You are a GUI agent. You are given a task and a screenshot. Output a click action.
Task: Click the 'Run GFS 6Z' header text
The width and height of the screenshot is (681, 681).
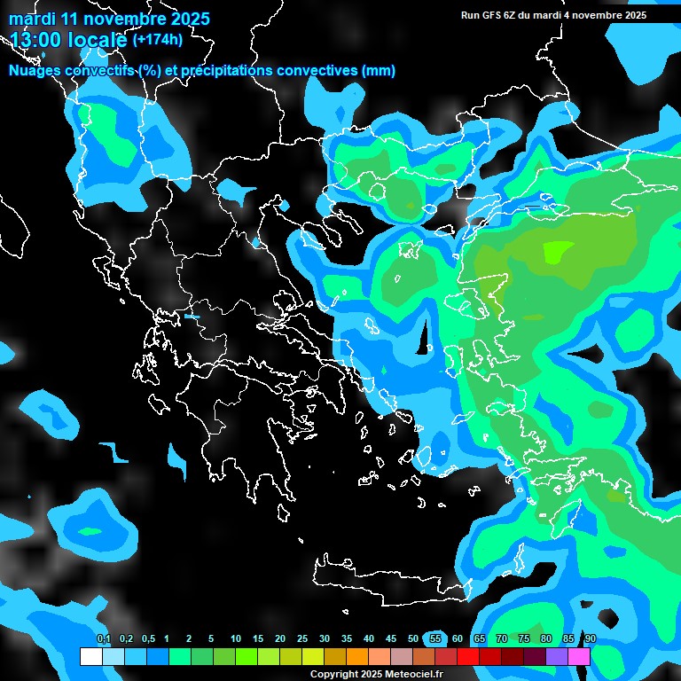coord(497,15)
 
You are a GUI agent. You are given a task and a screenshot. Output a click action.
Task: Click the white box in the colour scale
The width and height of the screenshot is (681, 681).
coord(90,657)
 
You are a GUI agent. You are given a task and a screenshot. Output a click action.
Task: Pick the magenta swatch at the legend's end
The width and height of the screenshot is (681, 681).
coord(579,657)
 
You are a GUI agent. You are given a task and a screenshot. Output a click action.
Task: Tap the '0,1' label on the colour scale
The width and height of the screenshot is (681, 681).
coord(104,639)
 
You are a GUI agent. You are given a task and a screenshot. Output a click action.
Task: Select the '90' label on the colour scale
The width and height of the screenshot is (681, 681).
coord(591,639)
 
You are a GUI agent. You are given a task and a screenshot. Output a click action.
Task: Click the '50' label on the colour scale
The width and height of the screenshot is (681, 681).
coord(413,639)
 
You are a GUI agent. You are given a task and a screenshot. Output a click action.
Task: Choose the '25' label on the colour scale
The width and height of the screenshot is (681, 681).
coord(302,639)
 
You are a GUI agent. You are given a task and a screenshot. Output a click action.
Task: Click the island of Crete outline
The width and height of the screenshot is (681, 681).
coord(390,576)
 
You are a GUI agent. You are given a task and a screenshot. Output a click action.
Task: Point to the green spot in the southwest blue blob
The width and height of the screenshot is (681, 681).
coord(90,531)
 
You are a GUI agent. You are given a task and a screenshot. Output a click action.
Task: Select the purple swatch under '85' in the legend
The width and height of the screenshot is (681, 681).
coord(557,657)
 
